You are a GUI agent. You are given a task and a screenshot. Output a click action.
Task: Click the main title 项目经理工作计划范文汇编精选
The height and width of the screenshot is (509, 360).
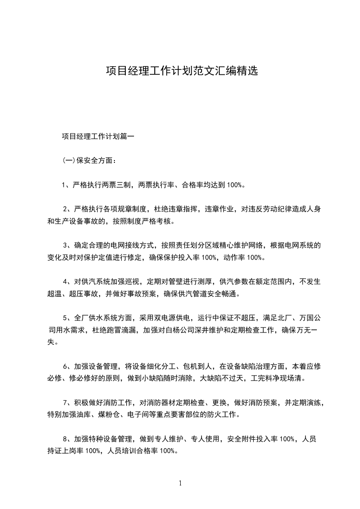pyautogui.click(x=182, y=71)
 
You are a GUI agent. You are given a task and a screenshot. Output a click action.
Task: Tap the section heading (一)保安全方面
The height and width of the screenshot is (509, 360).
pyautogui.click(x=89, y=160)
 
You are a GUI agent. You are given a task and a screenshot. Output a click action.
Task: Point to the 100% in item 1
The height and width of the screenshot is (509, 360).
pyautogui.click(x=236, y=185)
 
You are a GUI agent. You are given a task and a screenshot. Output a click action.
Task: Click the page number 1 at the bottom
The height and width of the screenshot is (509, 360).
pyautogui.click(x=180, y=484)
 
